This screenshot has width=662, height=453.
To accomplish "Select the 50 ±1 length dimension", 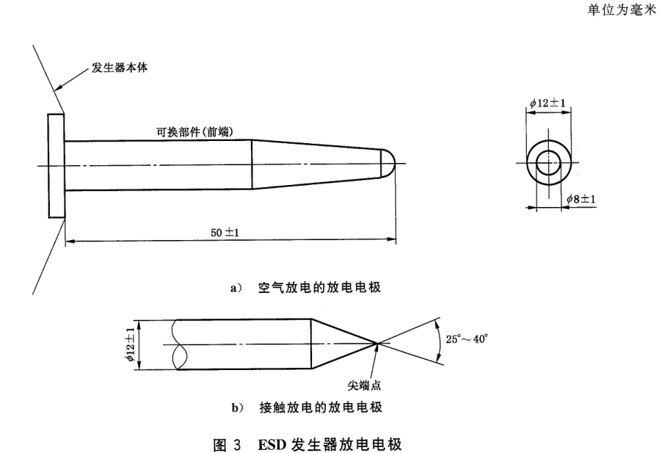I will coord(225,233).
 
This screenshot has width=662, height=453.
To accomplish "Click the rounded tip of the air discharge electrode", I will coord(391,163).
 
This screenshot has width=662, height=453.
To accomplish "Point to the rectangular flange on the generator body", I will coord(55,165).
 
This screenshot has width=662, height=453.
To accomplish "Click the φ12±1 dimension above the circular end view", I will coord(548,104).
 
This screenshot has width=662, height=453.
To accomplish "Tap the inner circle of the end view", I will coord(547,164).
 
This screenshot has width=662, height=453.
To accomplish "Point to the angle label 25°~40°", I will coord(467,340).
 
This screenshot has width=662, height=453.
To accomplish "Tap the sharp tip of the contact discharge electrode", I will coord(377,343).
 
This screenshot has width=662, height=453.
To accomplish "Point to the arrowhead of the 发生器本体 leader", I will coord(59,91).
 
